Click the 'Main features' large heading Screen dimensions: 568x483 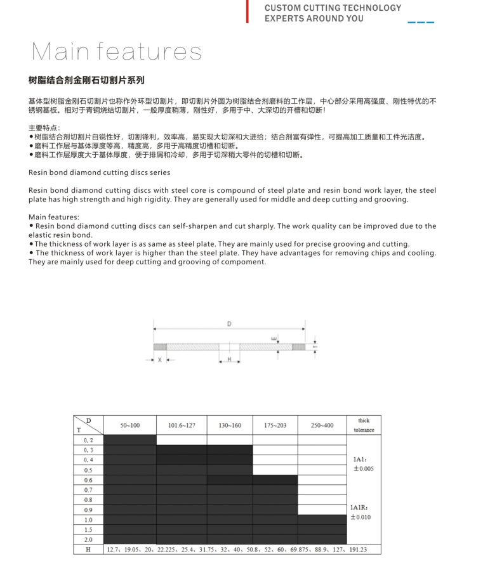116,51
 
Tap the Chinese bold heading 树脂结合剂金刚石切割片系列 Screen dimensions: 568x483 86,81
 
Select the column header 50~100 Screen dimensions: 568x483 130,425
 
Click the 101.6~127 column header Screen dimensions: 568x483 181,425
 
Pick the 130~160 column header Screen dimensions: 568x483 229,425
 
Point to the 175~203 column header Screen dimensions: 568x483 275,425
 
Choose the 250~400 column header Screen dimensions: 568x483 322,425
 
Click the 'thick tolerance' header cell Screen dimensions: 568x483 364,425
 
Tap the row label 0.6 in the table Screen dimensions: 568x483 88,480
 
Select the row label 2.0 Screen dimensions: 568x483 88,539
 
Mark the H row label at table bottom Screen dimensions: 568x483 88,550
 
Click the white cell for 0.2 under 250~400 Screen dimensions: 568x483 322,439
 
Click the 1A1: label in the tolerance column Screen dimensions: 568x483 359,458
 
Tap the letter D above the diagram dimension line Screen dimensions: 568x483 229,324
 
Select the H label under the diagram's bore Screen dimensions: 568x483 229,359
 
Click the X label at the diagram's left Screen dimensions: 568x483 159,359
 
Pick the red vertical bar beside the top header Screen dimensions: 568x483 248,12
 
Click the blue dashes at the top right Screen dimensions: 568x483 421,22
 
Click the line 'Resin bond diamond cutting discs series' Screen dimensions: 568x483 99,172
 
